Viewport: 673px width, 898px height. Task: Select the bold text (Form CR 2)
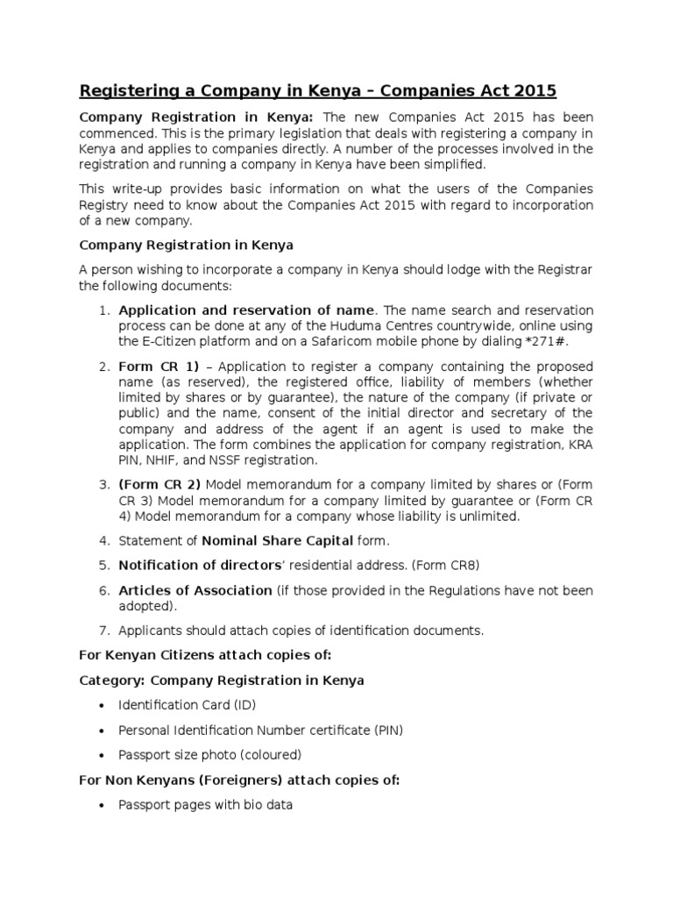(x=159, y=484)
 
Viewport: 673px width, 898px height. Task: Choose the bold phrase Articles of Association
(x=195, y=590)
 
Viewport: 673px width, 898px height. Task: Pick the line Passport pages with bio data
(x=205, y=804)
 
